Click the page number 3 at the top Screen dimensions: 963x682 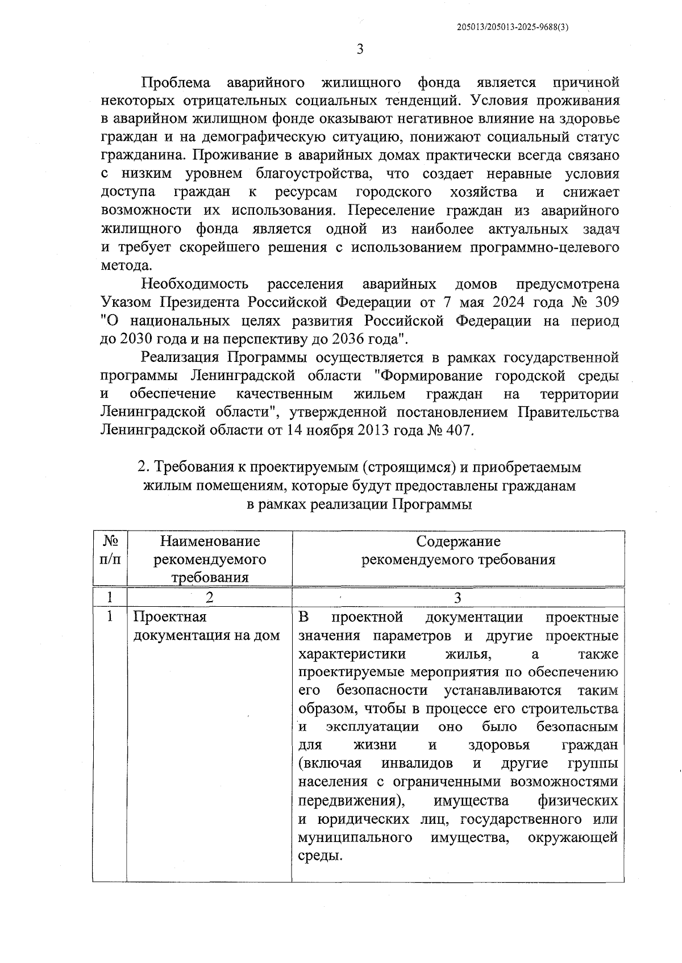point(359,49)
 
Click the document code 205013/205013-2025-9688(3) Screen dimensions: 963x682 point(513,27)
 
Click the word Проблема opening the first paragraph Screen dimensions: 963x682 point(176,83)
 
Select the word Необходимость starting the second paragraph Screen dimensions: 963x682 point(195,284)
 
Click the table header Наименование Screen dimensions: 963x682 point(210,541)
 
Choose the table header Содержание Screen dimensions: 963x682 point(458,541)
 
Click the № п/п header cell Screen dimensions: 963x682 point(110,551)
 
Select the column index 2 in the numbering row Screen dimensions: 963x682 point(209,598)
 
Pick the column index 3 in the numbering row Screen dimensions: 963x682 point(458,598)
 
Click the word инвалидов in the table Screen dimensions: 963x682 point(418,763)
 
